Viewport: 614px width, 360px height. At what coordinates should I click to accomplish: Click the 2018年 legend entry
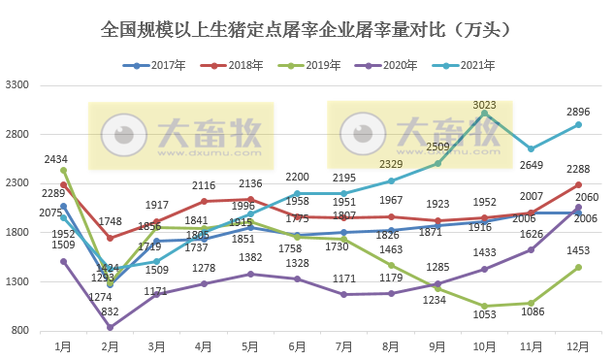click(x=232, y=66)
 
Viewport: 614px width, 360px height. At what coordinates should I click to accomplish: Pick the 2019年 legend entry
click(x=308, y=66)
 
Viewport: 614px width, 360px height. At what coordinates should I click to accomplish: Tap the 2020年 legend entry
click(x=383, y=66)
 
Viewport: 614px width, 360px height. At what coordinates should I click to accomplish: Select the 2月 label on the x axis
click(x=110, y=345)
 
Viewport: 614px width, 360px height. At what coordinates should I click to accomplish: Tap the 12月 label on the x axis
click(x=578, y=345)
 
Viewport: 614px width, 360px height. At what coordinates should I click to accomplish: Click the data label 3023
click(x=485, y=104)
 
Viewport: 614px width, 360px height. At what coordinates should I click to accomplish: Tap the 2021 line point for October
click(x=485, y=114)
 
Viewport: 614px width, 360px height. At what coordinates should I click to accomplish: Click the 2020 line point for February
click(x=110, y=327)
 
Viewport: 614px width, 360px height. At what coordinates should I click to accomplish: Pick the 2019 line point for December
click(x=578, y=267)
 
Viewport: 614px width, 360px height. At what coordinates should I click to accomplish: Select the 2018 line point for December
click(x=578, y=184)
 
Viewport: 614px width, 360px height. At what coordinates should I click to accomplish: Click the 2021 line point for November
click(x=532, y=149)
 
